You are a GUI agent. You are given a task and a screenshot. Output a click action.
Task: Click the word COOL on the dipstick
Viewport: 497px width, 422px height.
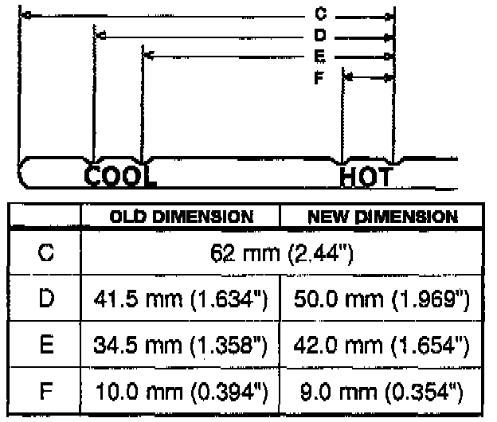click(120, 176)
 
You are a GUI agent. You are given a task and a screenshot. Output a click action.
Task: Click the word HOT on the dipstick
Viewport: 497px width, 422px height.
click(366, 177)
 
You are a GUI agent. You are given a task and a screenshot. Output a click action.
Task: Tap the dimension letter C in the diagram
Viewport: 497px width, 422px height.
click(320, 14)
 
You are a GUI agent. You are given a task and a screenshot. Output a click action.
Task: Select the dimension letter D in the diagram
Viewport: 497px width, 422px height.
click(320, 35)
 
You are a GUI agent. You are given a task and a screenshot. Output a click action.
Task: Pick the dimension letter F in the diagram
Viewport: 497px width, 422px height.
click(319, 77)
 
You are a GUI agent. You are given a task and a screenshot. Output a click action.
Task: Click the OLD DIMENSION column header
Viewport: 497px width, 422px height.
click(182, 217)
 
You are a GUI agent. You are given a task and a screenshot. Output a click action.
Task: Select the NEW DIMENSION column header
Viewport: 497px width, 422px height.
click(382, 217)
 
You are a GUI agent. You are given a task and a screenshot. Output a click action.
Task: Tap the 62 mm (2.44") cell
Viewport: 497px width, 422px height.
click(282, 253)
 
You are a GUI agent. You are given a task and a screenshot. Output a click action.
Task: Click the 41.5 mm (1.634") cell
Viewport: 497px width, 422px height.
click(181, 299)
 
